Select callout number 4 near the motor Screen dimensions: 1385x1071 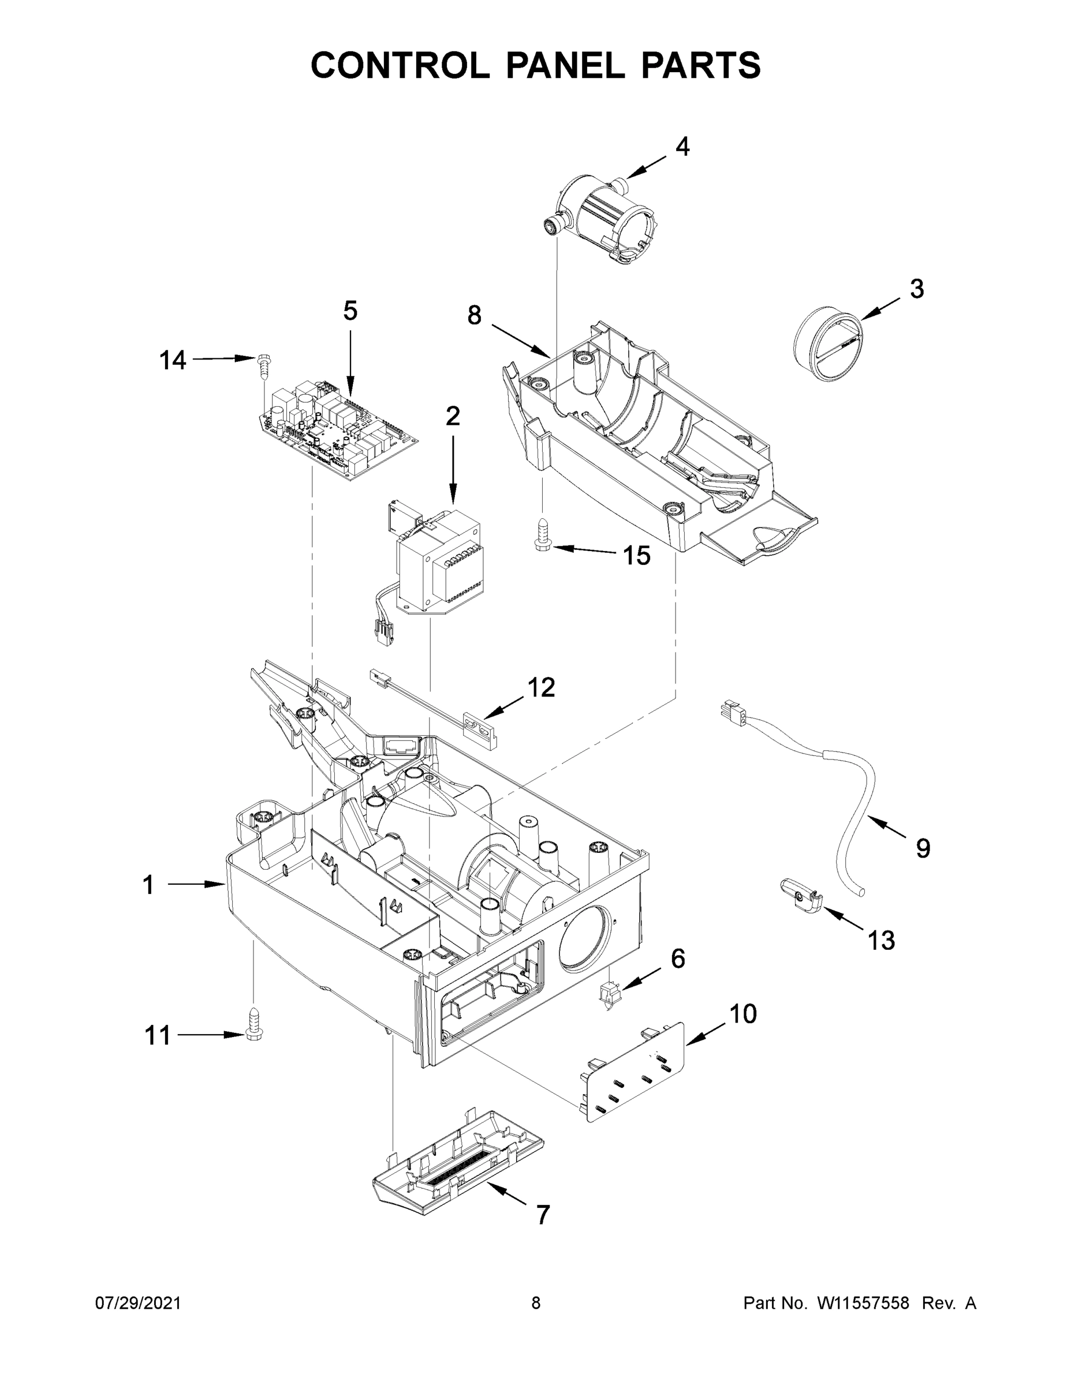682,147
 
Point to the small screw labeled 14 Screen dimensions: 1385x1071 263,366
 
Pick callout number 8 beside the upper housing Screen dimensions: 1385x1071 475,315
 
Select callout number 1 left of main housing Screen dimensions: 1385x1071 148,885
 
